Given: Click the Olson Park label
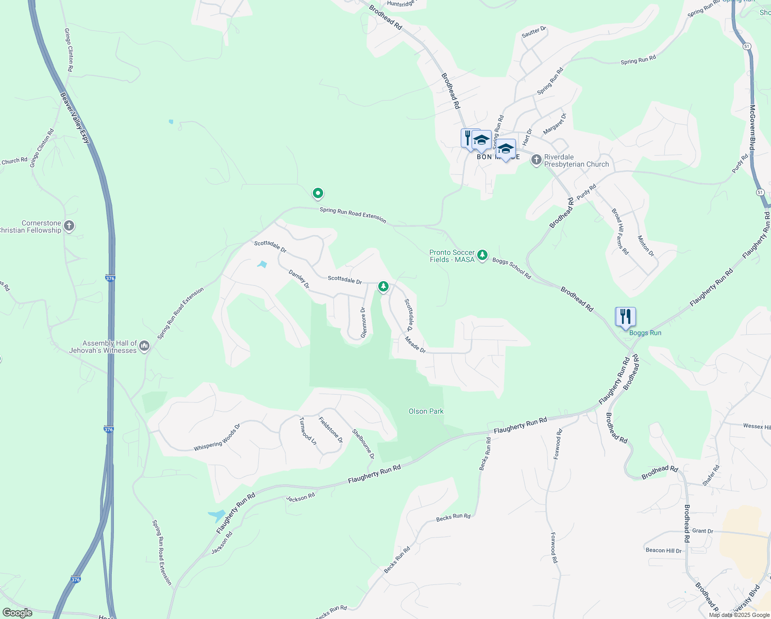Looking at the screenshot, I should point(426,411).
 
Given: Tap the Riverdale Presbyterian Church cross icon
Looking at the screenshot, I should point(536,160).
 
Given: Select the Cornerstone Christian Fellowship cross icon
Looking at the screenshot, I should point(69,226).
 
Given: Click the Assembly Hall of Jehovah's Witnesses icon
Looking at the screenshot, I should point(144,346).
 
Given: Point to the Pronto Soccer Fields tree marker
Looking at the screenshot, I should point(482,255).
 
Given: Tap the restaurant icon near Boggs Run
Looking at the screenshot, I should point(625,317).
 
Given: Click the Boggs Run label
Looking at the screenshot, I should point(645,333).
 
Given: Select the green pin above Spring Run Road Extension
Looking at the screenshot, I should point(318,193).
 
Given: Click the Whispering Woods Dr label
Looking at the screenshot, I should point(217,437).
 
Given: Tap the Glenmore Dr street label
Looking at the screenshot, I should point(363,323).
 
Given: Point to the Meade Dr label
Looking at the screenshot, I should point(415,345).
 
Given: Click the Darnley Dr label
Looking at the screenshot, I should point(299,279).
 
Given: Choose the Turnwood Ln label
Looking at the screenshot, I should point(308,431).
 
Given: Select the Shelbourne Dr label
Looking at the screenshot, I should point(363,444).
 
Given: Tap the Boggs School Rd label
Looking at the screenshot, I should point(511,268).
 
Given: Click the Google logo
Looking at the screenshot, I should point(17,613).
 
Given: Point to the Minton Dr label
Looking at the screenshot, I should point(646,246).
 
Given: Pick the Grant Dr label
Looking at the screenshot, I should point(702,531).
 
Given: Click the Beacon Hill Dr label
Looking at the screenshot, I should point(663,550).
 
